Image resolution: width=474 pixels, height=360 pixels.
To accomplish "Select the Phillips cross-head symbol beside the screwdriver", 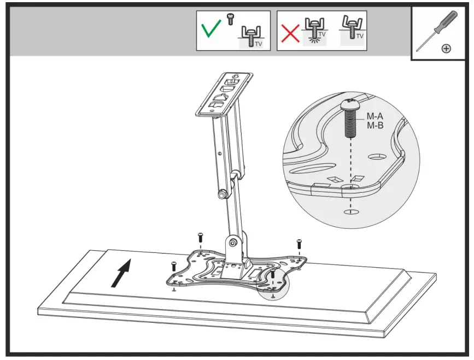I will tap(447, 49).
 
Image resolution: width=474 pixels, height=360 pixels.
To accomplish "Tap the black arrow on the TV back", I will tap(121, 273).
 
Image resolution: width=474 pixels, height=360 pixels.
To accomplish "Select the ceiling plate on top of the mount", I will tap(225, 93).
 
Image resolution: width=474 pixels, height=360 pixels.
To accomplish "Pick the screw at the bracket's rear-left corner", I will tap(200, 238).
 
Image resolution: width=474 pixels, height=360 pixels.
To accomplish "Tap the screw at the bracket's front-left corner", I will tap(174, 267).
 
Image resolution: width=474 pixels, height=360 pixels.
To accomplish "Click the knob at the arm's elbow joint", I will tap(223, 193).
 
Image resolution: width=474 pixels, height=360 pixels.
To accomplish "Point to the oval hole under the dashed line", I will tap(350, 211).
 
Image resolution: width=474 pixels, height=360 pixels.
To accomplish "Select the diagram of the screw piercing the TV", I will tap(314, 32).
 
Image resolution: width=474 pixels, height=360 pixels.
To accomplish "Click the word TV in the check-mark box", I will tap(258, 43).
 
